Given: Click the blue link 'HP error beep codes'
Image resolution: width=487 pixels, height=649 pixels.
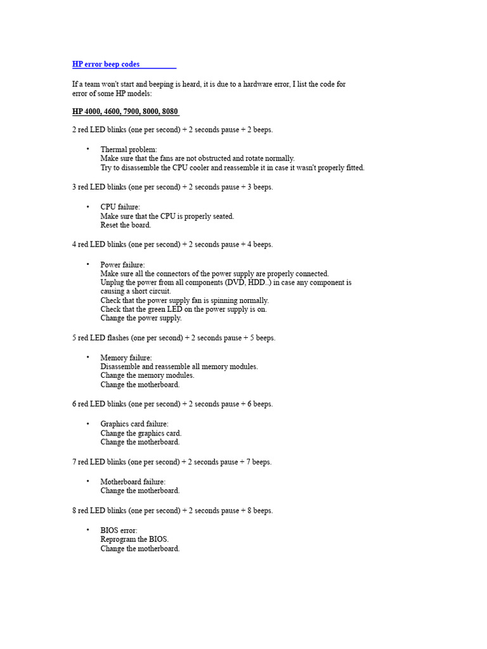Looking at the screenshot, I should [106, 65].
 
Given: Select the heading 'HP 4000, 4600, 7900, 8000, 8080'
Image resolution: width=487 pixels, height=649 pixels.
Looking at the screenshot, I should [125, 112].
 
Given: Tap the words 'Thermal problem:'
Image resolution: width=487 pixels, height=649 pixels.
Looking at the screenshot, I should [129, 150].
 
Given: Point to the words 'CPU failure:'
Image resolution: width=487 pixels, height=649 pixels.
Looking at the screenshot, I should [120, 207].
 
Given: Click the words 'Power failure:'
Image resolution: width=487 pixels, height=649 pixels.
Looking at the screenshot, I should [122, 264].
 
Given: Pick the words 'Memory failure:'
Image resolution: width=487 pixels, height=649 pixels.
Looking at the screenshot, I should [126, 358].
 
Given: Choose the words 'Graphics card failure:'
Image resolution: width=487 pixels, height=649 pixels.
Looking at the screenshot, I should [134, 424].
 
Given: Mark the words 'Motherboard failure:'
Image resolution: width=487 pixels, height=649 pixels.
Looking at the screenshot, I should [133, 482].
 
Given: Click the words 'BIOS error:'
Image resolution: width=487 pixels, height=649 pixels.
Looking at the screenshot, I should [119, 530].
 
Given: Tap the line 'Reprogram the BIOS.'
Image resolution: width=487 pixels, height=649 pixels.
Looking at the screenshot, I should [134, 539].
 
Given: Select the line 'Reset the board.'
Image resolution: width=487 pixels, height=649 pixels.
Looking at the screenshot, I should [126, 225].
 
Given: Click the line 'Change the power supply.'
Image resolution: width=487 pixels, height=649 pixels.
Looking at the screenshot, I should [141, 318].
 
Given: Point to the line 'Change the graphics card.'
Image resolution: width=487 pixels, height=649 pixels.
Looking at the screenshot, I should [141, 434].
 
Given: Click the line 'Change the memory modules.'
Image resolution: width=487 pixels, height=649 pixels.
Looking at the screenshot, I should [147, 375].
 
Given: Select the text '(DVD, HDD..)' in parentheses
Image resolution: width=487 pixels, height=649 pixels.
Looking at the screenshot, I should [251, 283].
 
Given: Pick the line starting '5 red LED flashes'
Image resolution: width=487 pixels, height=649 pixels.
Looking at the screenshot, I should [174, 338].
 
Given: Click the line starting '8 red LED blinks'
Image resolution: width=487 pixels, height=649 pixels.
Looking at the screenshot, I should [172, 510].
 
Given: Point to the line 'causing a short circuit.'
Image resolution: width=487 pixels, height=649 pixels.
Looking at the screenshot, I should [136, 292].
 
